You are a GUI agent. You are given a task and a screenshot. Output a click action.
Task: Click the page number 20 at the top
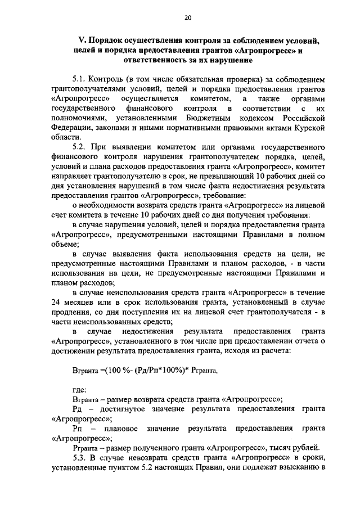click(188, 18)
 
